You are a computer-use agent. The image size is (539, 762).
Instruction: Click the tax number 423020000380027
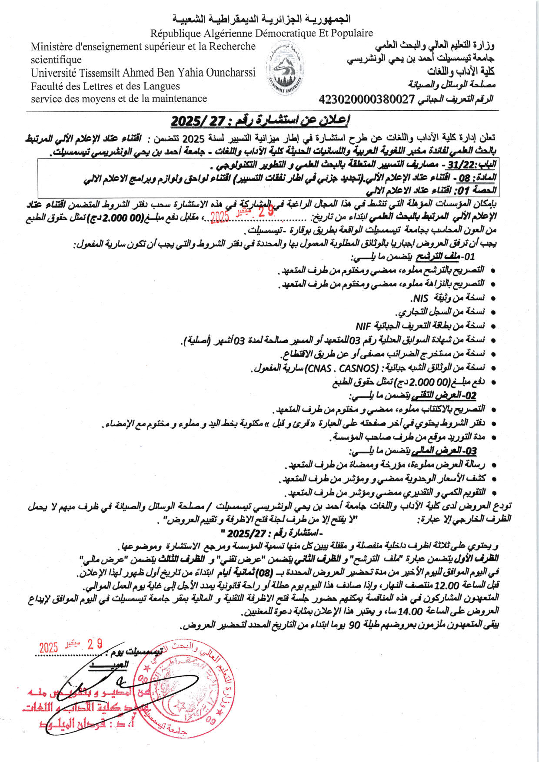(x=367, y=99)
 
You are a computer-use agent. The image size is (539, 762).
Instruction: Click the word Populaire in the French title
(x=352, y=33)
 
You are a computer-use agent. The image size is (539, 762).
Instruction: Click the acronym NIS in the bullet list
(x=420, y=298)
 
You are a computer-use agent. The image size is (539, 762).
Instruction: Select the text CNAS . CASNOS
(x=342, y=368)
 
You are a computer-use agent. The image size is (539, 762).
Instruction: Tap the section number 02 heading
(x=470, y=396)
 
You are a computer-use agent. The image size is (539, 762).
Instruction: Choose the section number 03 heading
(x=471, y=451)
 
